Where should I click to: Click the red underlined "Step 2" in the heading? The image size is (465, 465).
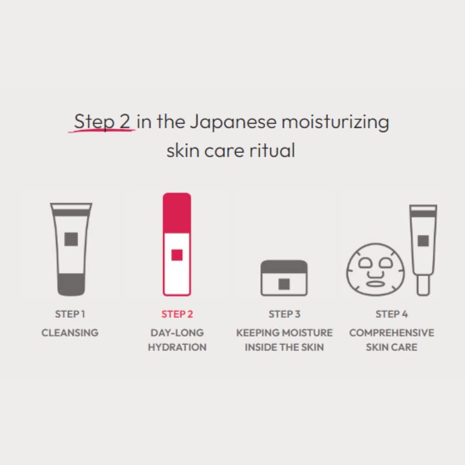point(102,122)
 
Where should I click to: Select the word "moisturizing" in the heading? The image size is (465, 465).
point(335,122)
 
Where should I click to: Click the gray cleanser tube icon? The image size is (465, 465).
point(71,249)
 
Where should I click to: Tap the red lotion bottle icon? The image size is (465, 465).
point(177,244)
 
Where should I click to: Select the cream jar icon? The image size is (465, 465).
point(284,278)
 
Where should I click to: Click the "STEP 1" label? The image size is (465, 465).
point(70,314)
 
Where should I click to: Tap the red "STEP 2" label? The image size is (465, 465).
point(177,314)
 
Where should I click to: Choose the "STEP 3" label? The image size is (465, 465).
point(284,314)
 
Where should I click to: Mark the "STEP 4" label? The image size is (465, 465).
point(392,314)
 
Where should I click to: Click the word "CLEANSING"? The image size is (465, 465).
point(70,333)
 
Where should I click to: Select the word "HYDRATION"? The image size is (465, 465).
point(177,347)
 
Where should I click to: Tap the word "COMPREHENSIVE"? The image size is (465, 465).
point(392,333)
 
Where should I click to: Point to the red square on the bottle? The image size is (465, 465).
point(177,255)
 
